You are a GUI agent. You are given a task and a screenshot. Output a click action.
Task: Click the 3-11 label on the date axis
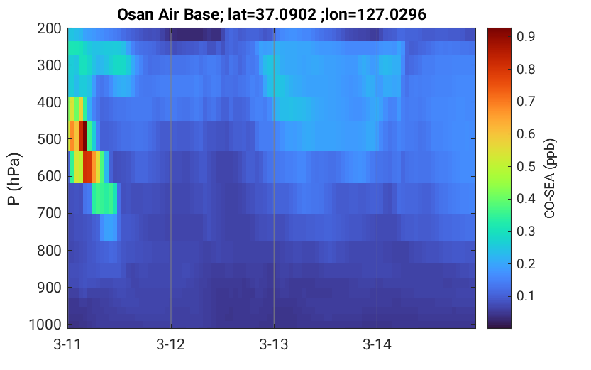pyautogui.click(x=67, y=344)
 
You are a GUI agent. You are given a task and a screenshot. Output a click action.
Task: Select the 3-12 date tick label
pyautogui.click(x=171, y=344)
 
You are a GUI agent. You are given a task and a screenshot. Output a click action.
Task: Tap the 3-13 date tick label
pyautogui.click(x=274, y=344)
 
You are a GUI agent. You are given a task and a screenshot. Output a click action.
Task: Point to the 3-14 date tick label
pyautogui.click(x=377, y=344)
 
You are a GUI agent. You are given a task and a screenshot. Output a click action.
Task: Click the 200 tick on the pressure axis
pyautogui.click(x=50, y=28)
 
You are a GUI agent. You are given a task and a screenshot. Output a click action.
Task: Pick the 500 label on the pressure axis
pyautogui.click(x=50, y=139)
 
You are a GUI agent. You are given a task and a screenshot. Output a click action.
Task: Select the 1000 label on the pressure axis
pyautogui.click(x=45, y=325)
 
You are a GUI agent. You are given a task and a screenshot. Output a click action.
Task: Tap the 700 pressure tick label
pyautogui.click(x=50, y=213)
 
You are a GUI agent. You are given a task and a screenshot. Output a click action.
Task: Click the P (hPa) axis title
pyautogui.click(x=14, y=179)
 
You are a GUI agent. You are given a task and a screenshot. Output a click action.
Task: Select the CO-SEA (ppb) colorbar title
pyautogui.click(x=550, y=178)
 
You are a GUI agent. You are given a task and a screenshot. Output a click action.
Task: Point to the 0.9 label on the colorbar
pyautogui.click(x=526, y=37)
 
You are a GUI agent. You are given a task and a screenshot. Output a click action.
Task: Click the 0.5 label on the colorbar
pyautogui.click(x=526, y=166)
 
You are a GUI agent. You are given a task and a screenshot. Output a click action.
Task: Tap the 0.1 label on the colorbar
pyautogui.click(x=526, y=295)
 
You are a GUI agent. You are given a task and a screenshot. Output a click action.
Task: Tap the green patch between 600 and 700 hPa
pyautogui.click(x=104, y=198)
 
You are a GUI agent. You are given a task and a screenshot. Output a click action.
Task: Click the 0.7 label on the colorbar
pyautogui.click(x=526, y=102)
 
